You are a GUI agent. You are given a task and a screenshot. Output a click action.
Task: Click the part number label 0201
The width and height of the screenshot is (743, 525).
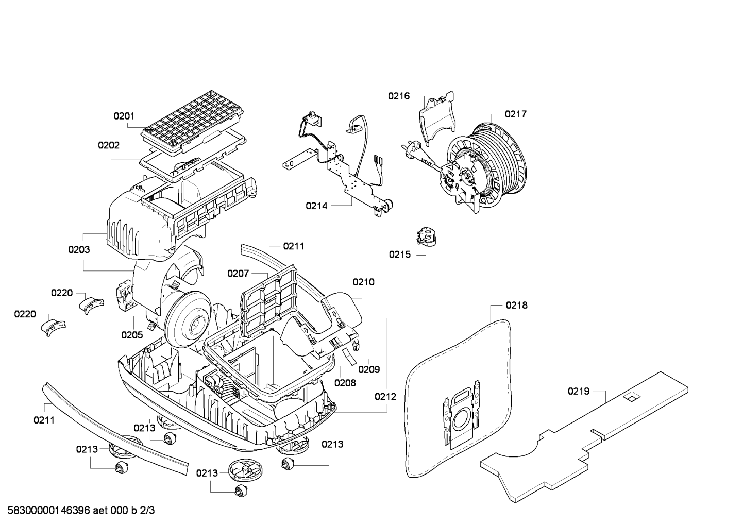124,116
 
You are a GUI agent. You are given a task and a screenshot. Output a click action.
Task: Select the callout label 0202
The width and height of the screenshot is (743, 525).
109,145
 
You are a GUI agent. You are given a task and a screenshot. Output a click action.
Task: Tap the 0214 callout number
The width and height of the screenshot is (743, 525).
316,206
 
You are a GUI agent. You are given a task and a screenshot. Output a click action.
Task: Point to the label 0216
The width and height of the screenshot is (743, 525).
399,96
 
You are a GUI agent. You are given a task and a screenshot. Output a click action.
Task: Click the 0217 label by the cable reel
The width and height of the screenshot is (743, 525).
516,114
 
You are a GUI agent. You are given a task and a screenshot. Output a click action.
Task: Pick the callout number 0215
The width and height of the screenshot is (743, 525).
400,255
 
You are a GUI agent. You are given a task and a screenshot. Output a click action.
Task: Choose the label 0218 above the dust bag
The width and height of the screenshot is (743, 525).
516,305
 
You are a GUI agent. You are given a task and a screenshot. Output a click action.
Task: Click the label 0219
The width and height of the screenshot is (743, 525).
579,392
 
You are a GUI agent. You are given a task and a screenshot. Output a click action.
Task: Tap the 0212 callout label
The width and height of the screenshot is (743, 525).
385,397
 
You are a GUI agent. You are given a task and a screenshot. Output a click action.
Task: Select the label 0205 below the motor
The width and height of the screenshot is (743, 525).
132,335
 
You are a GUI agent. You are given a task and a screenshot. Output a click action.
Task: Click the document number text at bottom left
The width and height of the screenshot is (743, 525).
81,510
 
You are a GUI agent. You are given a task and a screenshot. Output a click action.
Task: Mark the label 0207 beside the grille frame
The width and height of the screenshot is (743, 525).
238,273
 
